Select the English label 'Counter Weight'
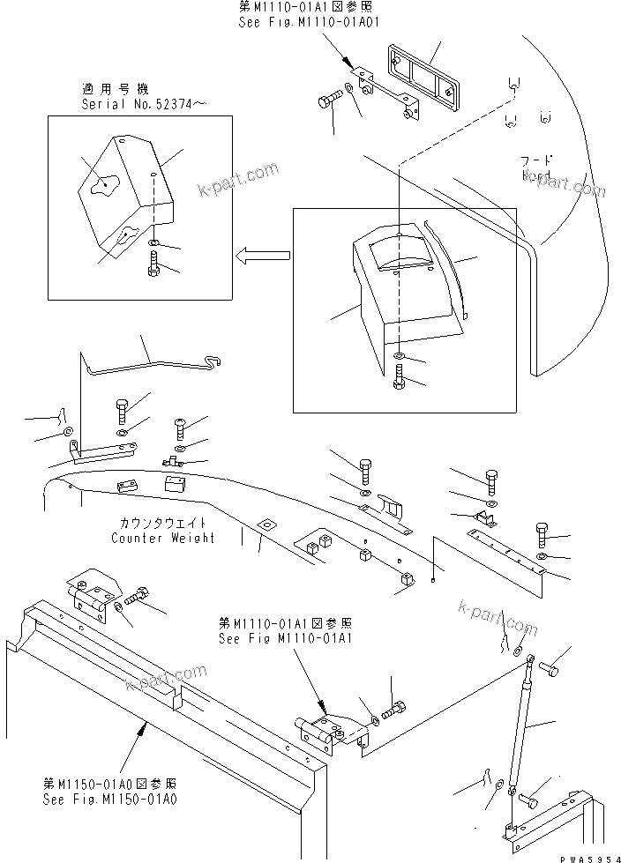point(163,538)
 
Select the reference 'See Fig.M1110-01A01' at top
point(290,22)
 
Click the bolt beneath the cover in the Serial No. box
point(155,262)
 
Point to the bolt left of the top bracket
point(327,103)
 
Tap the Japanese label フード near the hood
point(536,160)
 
